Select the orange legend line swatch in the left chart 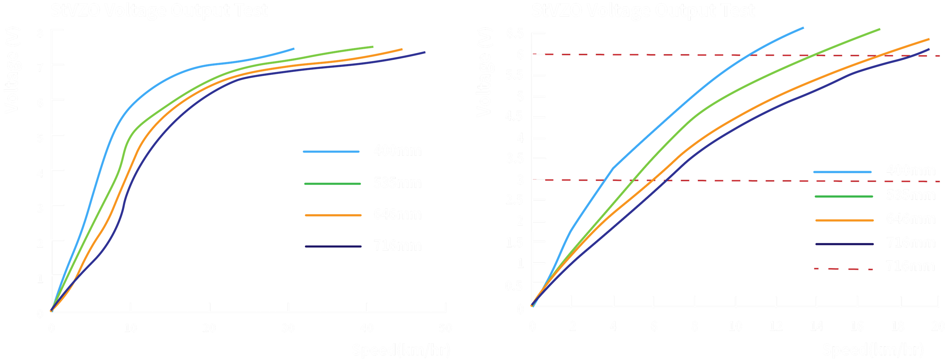[333, 215]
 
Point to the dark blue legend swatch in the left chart [333, 246]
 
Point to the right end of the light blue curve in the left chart [294, 48]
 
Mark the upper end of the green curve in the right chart [879, 29]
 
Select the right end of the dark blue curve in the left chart [425, 52]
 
